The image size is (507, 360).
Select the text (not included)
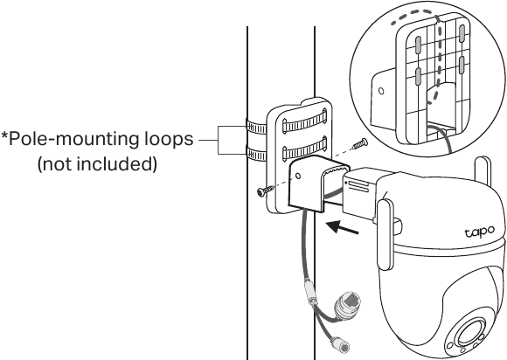click(x=97, y=164)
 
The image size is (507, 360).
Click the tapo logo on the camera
click(x=480, y=232)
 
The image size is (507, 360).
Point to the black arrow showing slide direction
click(x=343, y=227)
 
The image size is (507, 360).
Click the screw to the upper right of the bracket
click(x=359, y=143)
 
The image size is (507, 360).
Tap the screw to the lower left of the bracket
click(x=265, y=190)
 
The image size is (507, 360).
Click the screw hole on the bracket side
click(x=298, y=177)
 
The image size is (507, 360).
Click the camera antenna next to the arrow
click(x=385, y=235)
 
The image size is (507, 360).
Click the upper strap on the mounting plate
click(x=304, y=123)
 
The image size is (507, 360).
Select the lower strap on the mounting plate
click(x=304, y=150)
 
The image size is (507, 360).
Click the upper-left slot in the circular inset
click(x=418, y=45)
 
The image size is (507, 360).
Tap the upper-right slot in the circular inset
click(x=462, y=33)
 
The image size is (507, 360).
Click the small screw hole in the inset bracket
click(x=381, y=91)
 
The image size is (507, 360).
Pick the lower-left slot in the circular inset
click(x=418, y=76)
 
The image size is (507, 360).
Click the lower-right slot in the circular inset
click(x=462, y=65)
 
